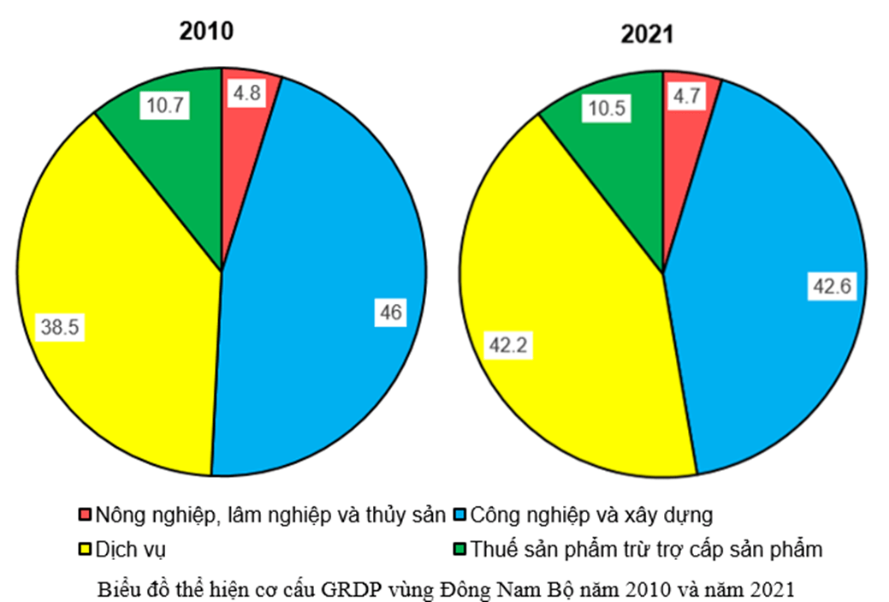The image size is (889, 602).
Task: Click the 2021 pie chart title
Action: coord(647,34)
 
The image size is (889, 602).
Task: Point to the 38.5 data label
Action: coord(60,326)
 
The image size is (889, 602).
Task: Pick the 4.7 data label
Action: coord(687,95)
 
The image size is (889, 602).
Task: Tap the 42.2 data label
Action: coord(507,345)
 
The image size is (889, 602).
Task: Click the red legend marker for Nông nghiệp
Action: coord(84,516)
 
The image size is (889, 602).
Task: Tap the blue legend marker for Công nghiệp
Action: coord(459,516)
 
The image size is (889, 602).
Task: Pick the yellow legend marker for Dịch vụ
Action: coord(84,549)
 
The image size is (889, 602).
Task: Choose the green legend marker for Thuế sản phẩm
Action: coord(459,549)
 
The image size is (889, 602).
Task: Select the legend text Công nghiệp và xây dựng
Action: coord(591,516)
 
